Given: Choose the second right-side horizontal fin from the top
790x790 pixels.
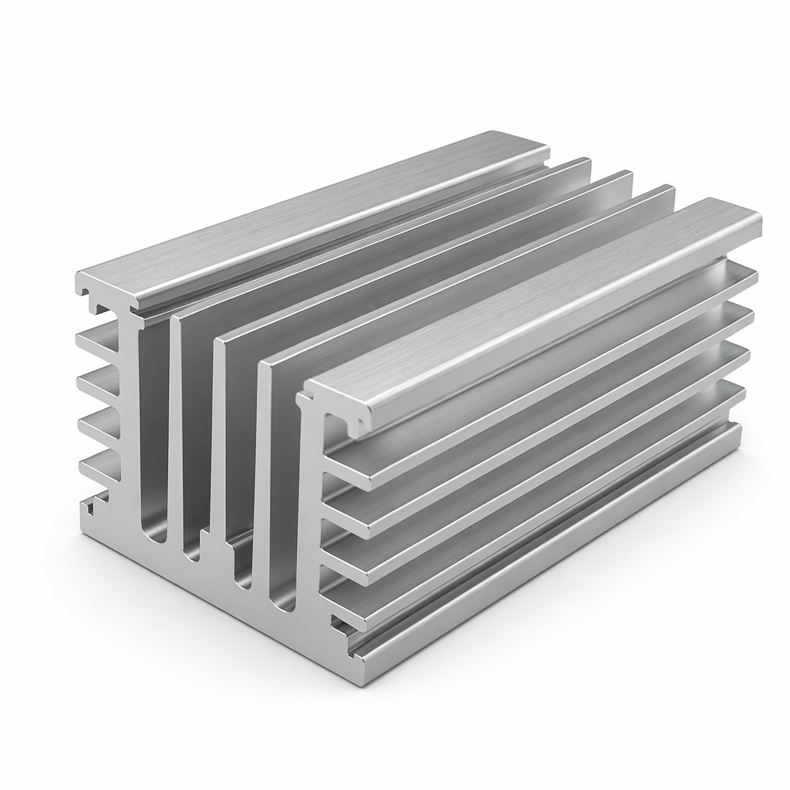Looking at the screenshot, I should (540, 432).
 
